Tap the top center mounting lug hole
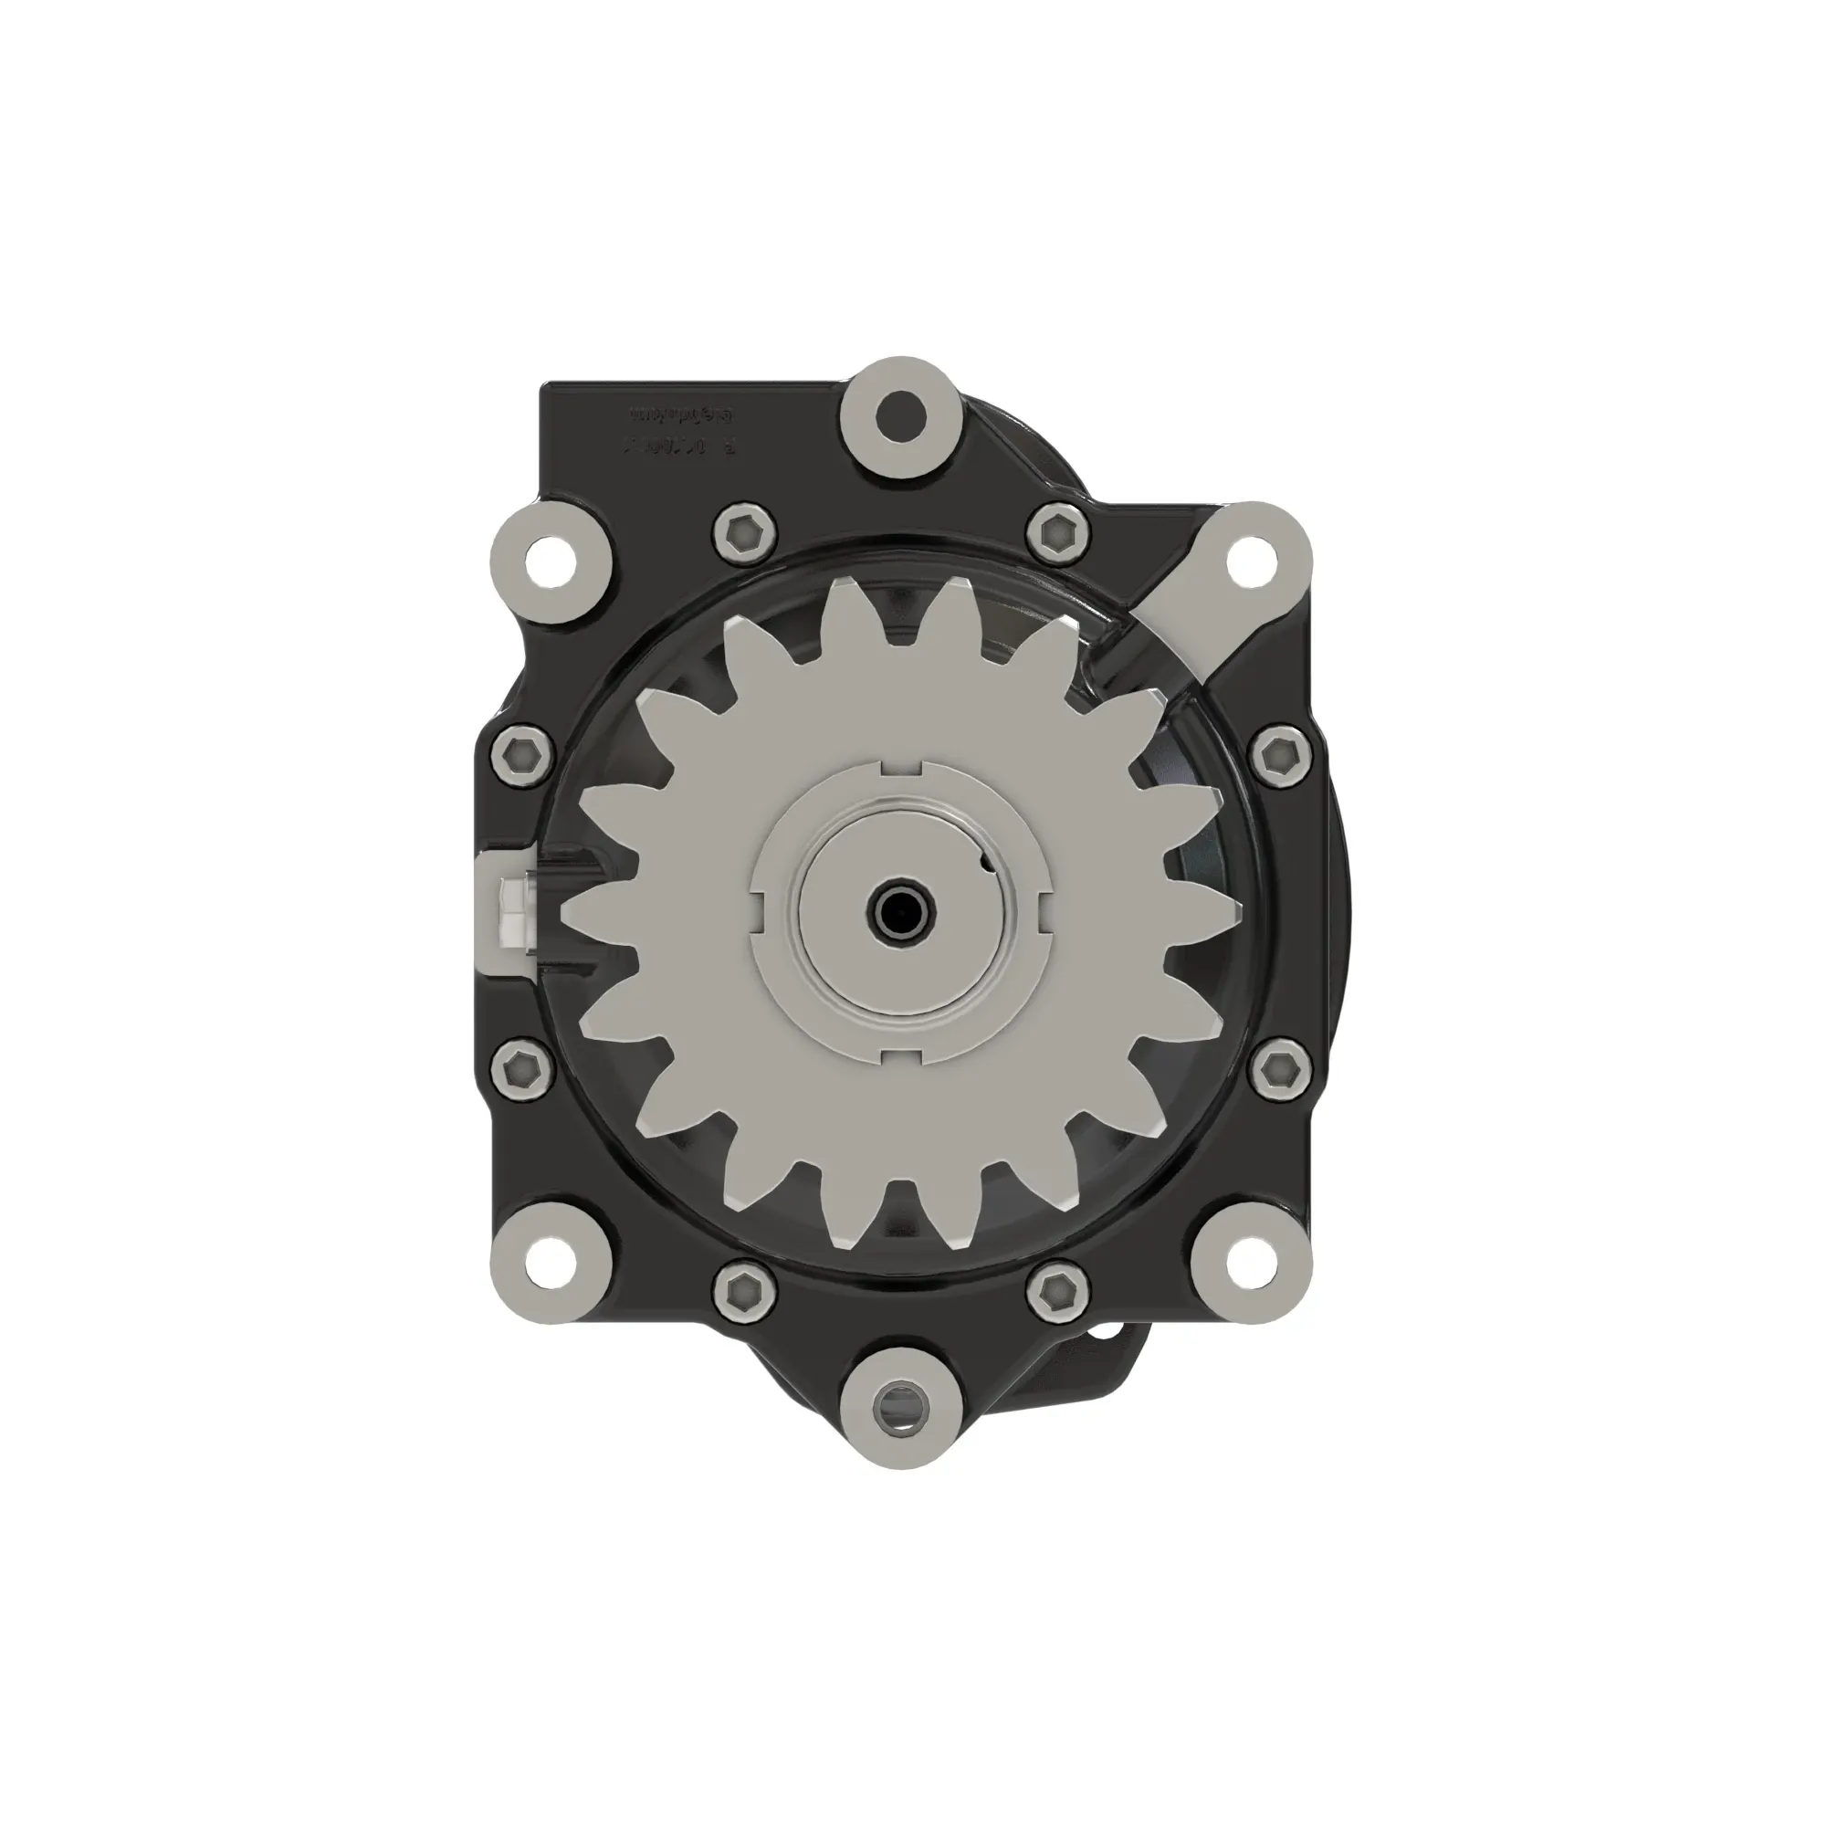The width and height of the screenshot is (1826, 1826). (x=900, y=412)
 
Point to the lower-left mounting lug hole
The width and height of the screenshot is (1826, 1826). (x=550, y=1260)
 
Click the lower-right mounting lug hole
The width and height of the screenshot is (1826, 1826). (x=1251, y=1260)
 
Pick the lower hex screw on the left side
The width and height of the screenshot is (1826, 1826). (x=520, y=1069)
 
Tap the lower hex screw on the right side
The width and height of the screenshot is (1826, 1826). (x=1280, y=1069)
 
